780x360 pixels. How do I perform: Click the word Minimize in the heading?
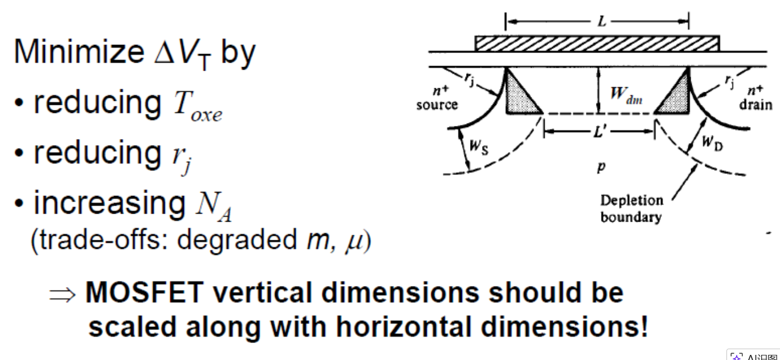click(79, 52)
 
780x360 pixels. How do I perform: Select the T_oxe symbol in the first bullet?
click(198, 106)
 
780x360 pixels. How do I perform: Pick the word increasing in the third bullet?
click(110, 204)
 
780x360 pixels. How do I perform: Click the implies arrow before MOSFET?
click(62, 294)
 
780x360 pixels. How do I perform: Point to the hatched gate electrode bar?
click(597, 44)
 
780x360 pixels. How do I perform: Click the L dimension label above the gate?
click(602, 22)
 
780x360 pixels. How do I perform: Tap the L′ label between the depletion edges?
click(600, 132)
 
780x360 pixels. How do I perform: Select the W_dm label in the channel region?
click(626, 95)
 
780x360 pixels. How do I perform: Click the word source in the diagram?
click(437, 105)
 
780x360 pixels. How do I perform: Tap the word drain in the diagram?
click(756, 105)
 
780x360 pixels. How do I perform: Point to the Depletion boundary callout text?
click(631, 208)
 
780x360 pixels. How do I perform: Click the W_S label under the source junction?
click(479, 147)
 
